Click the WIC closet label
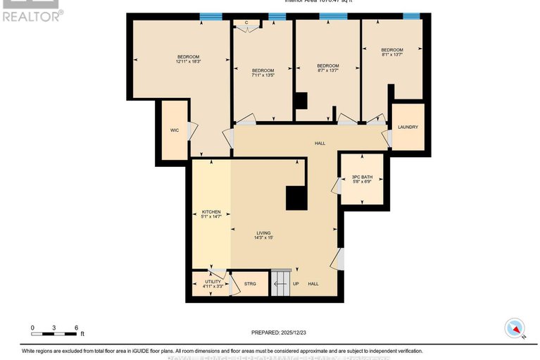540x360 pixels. click(175, 130)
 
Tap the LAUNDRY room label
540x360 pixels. click(408, 127)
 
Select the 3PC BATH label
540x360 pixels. click(362, 177)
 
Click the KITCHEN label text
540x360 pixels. click(212, 211)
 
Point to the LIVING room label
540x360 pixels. click(263, 233)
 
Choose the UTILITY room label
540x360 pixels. click(213, 281)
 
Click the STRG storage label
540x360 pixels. click(250, 284)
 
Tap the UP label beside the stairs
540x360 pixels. click(296, 284)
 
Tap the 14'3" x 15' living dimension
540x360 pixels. click(263, 238)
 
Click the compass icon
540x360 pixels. click(516, 328)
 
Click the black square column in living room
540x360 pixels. click(295, 198)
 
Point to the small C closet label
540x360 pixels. click(246, 23)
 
